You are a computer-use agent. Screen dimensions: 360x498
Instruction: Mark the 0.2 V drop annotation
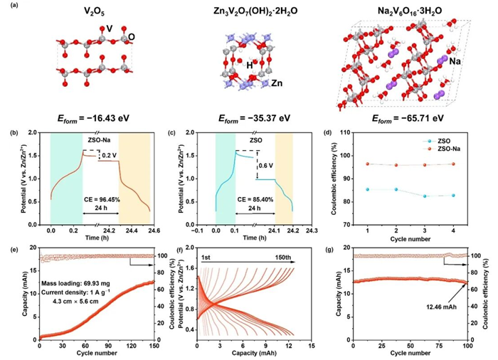(109, 154)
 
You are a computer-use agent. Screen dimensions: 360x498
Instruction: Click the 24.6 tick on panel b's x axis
(144, 231)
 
